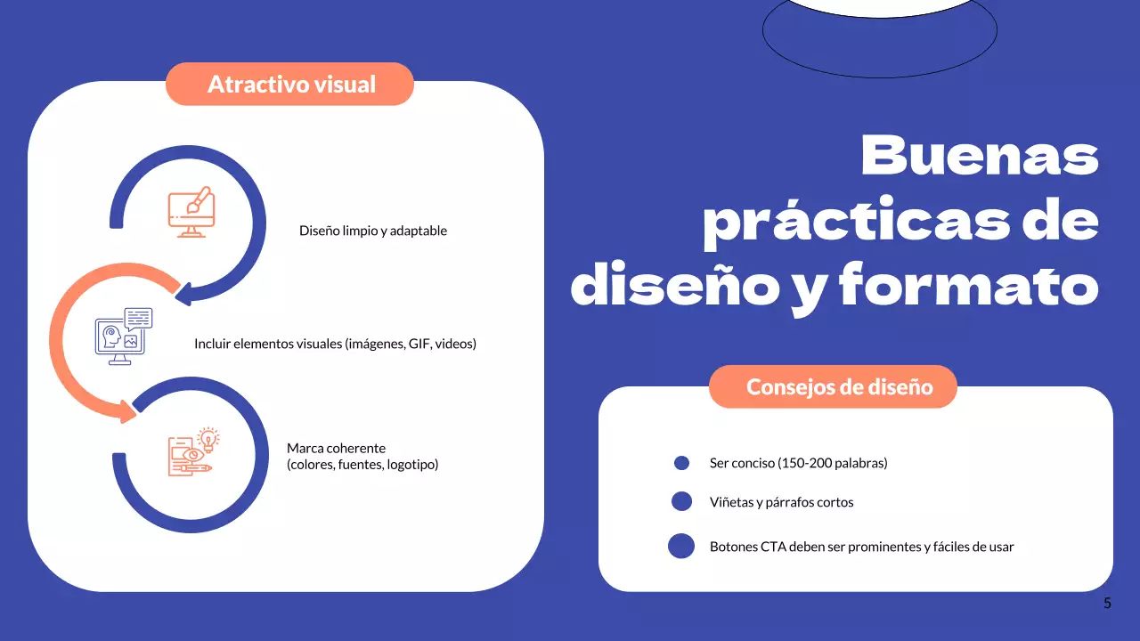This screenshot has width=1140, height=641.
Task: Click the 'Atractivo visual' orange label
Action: coord(290,85)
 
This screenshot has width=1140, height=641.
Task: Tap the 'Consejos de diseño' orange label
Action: coord(839,387)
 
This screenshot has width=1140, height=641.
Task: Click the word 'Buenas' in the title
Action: coord(980,154)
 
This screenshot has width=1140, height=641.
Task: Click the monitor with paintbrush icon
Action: coord(190,212)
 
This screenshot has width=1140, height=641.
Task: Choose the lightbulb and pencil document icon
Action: coord(193,452)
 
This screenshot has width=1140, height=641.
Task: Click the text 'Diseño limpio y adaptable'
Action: coord(372,231)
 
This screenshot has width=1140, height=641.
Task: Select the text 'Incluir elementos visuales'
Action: coord(268,344)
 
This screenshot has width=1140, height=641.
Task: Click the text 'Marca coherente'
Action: coord(336,448)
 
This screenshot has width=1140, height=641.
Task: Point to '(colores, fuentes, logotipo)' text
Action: coord(362,464)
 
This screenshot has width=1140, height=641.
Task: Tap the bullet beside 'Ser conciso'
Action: coord(682,463)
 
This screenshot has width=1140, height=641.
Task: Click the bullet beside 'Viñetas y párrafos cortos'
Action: coord(681,501)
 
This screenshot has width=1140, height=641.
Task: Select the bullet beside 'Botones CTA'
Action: coord(681,546)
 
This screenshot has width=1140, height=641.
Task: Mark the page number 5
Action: coord(1107,603)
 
